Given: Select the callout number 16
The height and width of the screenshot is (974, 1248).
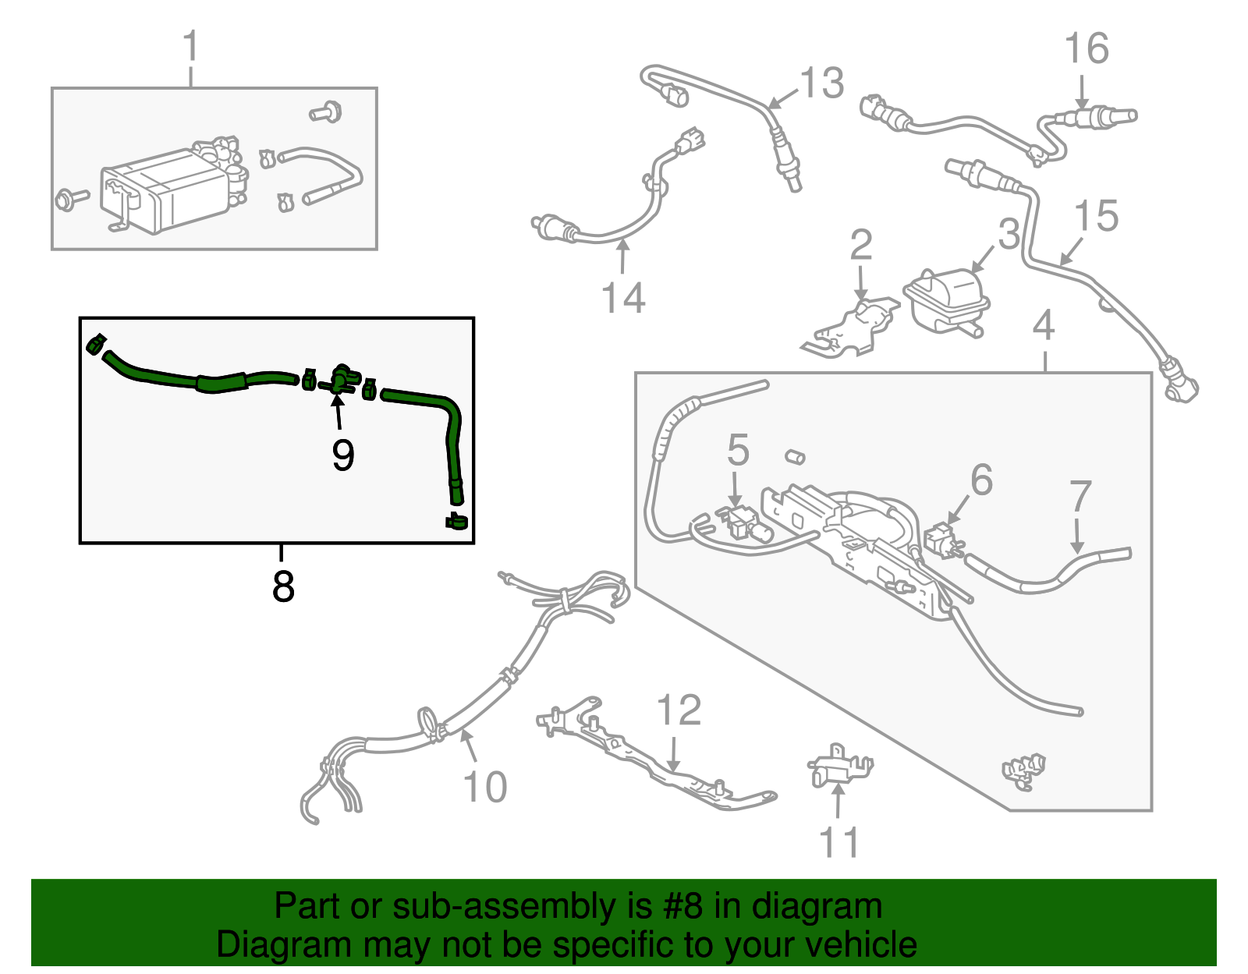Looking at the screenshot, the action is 1086,48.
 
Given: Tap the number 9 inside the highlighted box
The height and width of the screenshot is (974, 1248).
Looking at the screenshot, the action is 343,455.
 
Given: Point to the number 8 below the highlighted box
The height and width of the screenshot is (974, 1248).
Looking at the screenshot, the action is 283,586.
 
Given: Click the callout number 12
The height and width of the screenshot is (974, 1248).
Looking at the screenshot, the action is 679,710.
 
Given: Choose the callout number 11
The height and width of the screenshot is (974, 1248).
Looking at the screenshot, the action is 838,842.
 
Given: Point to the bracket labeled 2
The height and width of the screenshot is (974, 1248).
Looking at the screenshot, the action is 850,328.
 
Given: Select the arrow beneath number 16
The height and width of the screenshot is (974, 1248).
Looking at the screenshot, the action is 1081,92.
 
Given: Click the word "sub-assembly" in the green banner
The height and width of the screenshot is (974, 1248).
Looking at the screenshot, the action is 523,906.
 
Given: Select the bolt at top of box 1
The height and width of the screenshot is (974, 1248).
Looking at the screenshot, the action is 325,112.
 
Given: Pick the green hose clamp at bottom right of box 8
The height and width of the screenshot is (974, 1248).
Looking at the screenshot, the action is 456,521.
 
